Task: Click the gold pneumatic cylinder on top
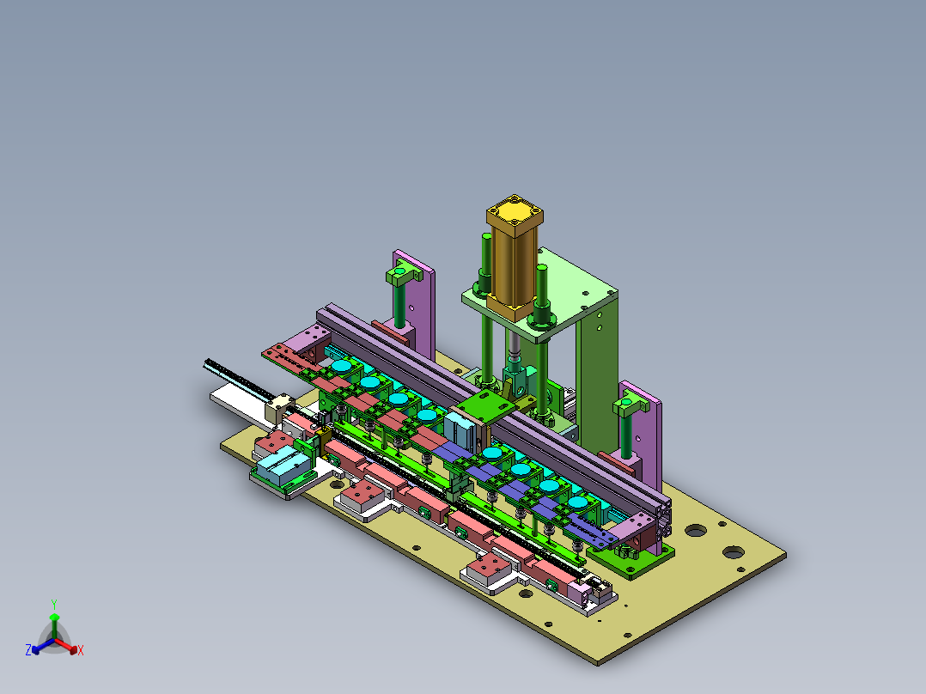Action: [514, 258]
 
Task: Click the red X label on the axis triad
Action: [81, 651]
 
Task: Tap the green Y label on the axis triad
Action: [53, 604]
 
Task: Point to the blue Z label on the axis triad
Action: [28, 651]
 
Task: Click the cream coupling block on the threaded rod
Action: [280, 407]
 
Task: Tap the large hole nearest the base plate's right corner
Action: [733, 551]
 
